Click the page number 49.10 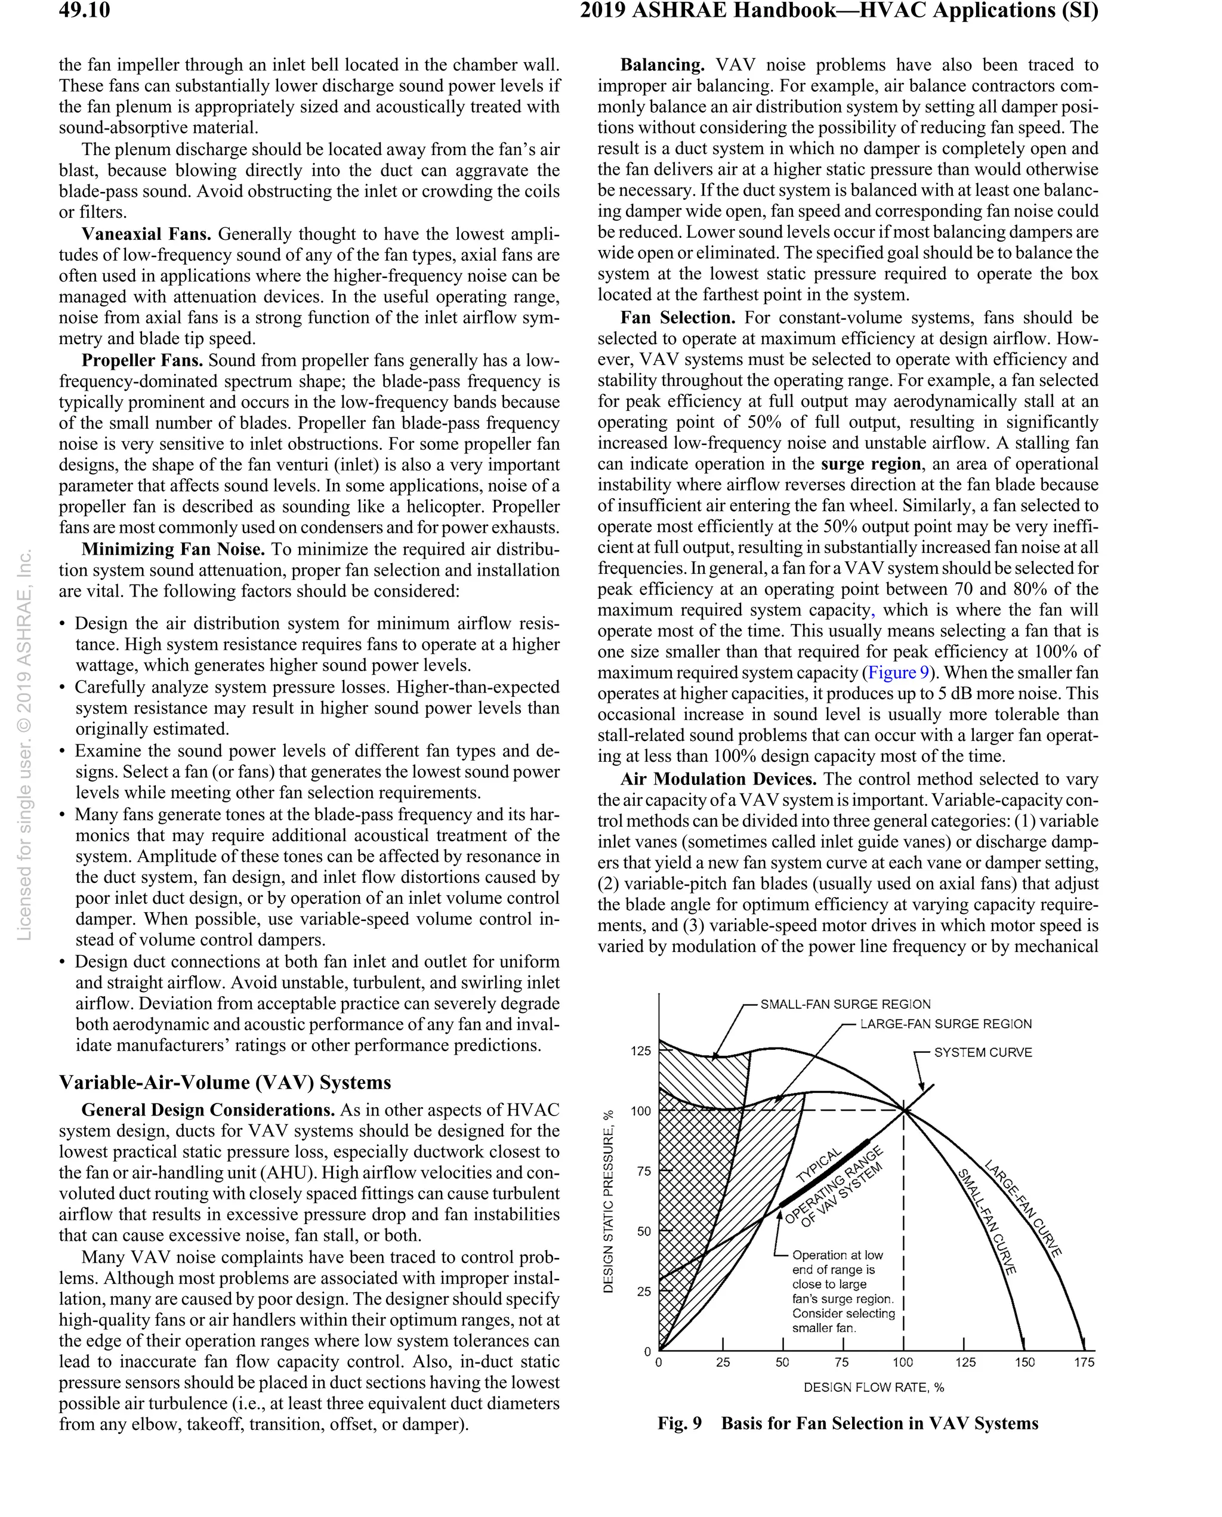[85, 11]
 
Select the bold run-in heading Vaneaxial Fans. [146, 234]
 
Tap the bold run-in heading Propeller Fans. [142, 360]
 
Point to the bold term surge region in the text [871, 464]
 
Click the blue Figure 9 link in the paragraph [898, 673]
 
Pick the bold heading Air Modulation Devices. [718, 779]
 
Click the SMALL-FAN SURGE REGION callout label [845, 1004]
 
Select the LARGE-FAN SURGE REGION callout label [945, 1024]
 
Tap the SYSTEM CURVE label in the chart [983, 1053]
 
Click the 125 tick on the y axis [641, 1051]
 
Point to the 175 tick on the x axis [1084, 1363]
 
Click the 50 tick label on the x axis [782, 1363]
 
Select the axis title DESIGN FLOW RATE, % [874, 1388]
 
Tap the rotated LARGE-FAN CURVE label [1023, 1207]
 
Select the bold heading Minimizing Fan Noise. [173, 549]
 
